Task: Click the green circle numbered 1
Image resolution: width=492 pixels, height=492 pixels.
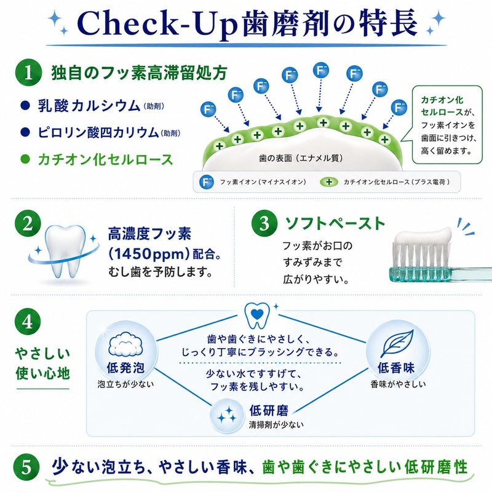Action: pyautogui.click(x=28, y=73)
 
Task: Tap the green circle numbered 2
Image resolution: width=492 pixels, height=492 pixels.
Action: pyautogui.click(x=28, y=223)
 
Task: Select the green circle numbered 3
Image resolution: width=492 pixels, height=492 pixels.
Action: pyautogui.click(x=264, y=223)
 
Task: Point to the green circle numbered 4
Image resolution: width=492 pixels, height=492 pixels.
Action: pyautogui.click(x=28, y=322)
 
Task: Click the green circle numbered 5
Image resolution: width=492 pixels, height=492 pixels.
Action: pyautogui.click(x=26, y=467)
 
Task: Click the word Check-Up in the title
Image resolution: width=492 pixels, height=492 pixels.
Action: pyautogui.click(x=159, y=25)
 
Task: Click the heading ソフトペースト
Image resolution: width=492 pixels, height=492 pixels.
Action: pyautogui.click(x=335, y=223)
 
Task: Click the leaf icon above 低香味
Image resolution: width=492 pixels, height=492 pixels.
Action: pyautogui.click(x=396, y=344)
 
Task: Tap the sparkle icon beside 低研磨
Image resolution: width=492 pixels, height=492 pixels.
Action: pyautogui.click(x=227, y=415)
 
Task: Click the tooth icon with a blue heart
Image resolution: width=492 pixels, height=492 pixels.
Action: pyautogui.click(x=256, y=315)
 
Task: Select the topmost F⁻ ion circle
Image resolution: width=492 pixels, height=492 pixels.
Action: pyautogui.click(x=321, y=70)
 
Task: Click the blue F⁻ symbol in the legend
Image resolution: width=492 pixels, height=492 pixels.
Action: pyautogui.click(x=207, y=182)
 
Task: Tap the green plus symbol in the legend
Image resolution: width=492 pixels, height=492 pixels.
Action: pyautogui.click(x=329, y=182)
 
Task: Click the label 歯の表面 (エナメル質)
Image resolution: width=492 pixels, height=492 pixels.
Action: pyautogui.click(x=301, y=158)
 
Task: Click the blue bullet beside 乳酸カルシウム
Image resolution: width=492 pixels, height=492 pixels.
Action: pyautogui.click(x=25, y=105)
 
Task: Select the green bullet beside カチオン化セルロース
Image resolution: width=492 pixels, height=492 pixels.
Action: pyautogui.click(x=25, y=159)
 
